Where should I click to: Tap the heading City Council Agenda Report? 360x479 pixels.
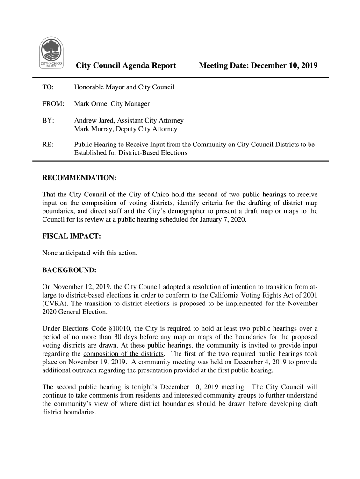click(x=126, y=66)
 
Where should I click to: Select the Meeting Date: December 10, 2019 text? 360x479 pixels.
click(x=258, y=66)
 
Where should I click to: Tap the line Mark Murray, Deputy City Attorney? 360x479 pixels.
click(x=126, y=129)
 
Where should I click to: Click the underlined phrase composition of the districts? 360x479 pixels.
click(x=123, y=353)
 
